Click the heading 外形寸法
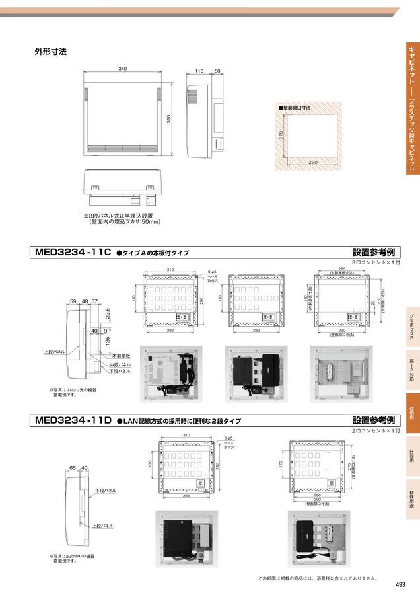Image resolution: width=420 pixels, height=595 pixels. (x=50, y=51)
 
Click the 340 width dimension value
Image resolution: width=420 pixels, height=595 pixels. (x=122, y=69)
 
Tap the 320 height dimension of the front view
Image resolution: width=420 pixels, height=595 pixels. (x=169, y=119)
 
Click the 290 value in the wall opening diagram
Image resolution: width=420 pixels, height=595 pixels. (x=312, y=162)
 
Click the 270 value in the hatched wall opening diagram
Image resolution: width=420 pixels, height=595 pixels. (x=281, y=135)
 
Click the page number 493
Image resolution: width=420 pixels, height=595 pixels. (x=400, y=584)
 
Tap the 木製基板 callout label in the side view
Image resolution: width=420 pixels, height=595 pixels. (x=121, y=355)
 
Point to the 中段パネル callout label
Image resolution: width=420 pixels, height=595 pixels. (x=120, y=364)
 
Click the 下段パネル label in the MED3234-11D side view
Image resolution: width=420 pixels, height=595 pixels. (x=106, y=491)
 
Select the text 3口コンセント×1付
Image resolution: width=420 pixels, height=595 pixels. (x=376, y=262)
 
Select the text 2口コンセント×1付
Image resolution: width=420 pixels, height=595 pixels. (x=376, y=430)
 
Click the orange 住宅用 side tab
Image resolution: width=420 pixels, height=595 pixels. (x=411, y=413)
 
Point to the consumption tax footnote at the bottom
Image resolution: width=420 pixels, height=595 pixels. (x=317, y=578)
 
